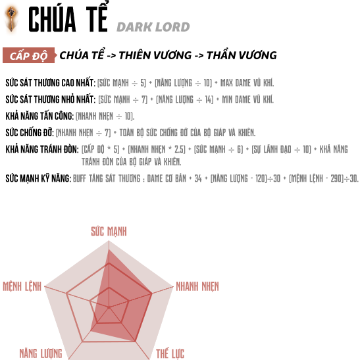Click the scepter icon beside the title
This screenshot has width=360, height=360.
click(x=11, y=19)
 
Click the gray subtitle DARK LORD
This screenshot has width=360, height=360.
click(x=153, y=27)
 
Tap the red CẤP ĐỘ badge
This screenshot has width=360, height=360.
click(x=29, y=55)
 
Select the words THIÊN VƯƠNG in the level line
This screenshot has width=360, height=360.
click(x=155, y=55)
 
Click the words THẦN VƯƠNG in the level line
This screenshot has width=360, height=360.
click(x=242, y=55)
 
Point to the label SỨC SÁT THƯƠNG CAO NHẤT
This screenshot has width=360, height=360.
click(x=50, y=83)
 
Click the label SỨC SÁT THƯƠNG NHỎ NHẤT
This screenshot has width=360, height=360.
click(x=51, y=99)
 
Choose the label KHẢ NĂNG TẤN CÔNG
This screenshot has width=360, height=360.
click(x=39, y=116)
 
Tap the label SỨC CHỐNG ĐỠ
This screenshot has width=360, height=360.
click(x=30, y=132)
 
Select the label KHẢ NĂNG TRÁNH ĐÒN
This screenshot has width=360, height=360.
click(x=42, y=149)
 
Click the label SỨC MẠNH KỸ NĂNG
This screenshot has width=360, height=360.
click(x=38, y=178)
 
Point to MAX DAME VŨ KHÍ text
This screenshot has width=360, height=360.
click(x=247, y=83)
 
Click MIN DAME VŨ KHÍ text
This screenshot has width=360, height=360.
click(x=247, y=99)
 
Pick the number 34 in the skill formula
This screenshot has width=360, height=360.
click(x=198, y=178)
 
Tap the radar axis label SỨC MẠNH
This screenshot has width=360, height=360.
click(x=109, y=231)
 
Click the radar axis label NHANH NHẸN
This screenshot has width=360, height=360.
click(x=197, y=286)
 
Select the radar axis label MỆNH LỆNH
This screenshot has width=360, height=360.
click(x=22, y=286)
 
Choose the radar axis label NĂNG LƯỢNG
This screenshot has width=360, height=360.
click(x=41, y=353)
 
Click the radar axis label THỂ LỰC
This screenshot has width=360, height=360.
click(x=170, y=353)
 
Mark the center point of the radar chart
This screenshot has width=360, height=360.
click(x=109, y=307)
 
